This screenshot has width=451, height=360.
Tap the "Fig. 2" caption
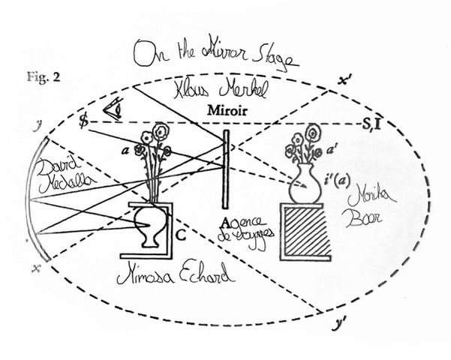27,77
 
